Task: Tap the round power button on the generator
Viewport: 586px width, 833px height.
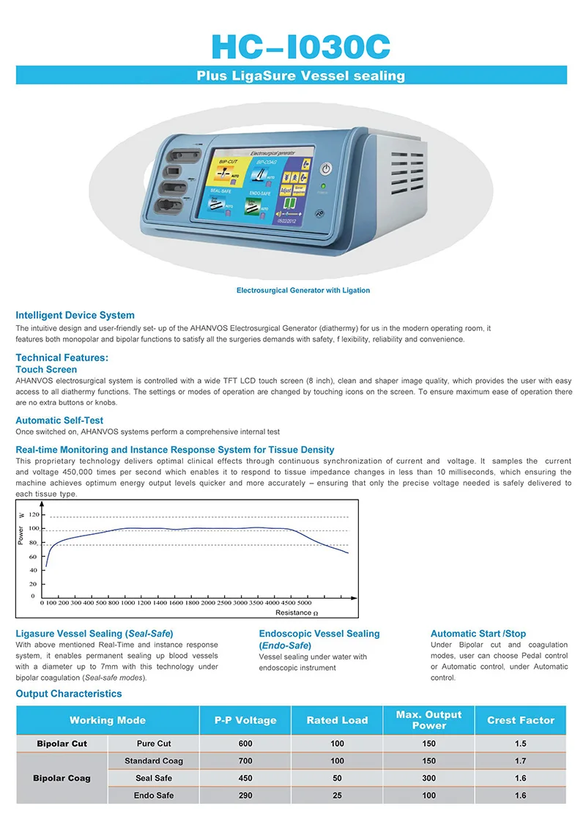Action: pyautogui.click(x=327, y=169)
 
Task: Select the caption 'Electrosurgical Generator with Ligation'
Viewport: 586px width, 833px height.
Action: pyautogui.click(x=303, y=290)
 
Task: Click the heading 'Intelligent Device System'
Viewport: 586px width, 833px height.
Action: pyautogui.click(x=75, y=315)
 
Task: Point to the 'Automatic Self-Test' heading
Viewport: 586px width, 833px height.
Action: pyautogui.click(x=59, y=421)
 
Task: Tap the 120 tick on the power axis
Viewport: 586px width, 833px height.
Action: pyautogui.click(x=33, y=517)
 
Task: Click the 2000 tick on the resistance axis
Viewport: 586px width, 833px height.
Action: pyautogui.click(x=209, y=602)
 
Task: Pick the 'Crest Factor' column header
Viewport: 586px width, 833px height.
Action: pyautogui.click(x=521, y=720)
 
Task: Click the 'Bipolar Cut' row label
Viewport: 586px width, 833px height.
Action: pyautogui.click(x=62, y=744)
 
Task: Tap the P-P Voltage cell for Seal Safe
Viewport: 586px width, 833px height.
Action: pyautogui.click(x=245, y=778)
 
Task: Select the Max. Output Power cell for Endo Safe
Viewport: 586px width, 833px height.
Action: pyautogui.click(x=429, y=795)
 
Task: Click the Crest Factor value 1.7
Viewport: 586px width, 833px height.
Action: pyautogui.click(x=520, y=760)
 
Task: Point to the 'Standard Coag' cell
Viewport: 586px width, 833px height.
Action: pyautogui.click(x=154, y=760)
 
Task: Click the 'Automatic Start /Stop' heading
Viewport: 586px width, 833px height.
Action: pyautogui.click(x=478, y=633)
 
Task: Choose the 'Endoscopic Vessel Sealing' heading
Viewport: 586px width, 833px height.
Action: pyautogui.click(x=319, y=633)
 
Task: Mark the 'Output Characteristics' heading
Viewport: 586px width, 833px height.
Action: pyautogui.click(x=69, y=693)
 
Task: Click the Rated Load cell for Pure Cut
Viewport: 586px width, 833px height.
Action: pyautogui.click(x=337, y=744)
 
